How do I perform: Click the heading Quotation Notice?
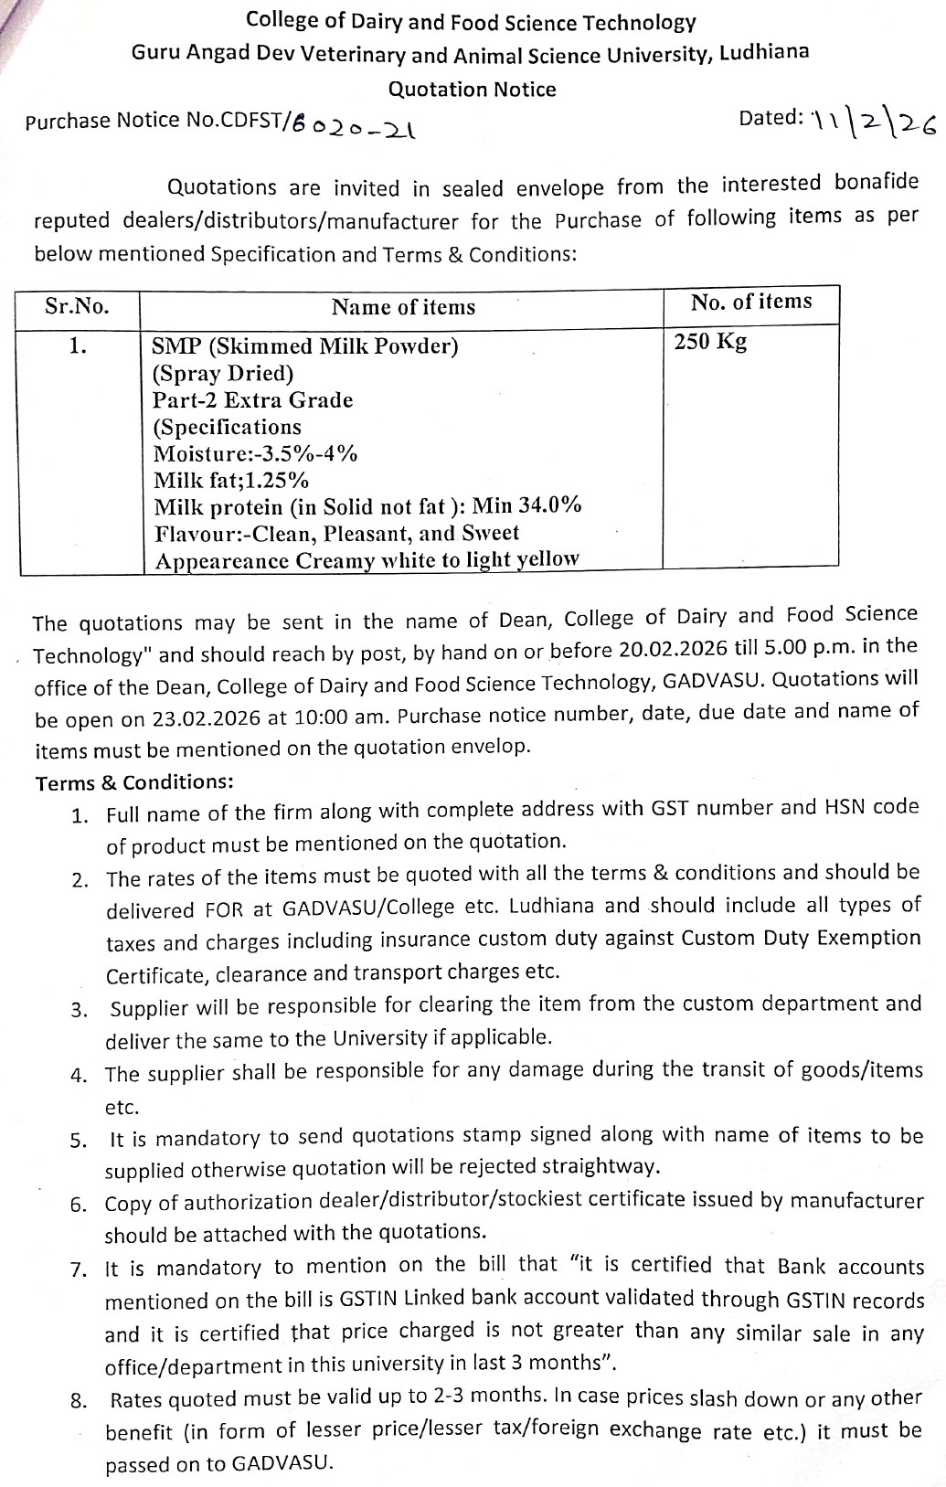[472, 90]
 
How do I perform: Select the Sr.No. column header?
[77, 306]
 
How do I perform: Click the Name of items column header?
[403, 307]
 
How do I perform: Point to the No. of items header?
[750, 302]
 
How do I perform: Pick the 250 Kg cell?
[710, 342]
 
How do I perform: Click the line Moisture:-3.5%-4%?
[255, 453]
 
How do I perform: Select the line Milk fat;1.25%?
[231, 480]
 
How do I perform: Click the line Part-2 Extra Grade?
[252, 400]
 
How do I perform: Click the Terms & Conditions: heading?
[134, 782]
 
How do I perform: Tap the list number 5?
[78, 1140]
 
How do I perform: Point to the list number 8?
[78, 1400]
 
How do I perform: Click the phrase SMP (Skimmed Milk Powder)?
[305, 346]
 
